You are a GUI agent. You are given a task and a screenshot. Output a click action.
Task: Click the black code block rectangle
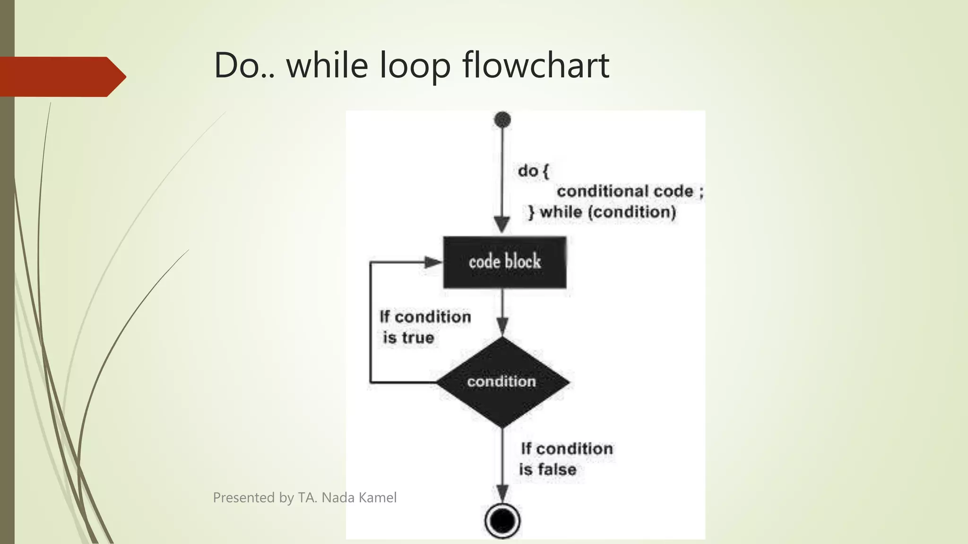(x=504, y=262)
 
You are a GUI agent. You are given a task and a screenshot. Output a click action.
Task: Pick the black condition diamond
(x=502, y=382)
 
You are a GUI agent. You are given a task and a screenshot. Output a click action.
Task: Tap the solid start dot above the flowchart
(x=502, y=120)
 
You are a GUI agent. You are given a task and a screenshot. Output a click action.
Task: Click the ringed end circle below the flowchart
(x=502, y=521)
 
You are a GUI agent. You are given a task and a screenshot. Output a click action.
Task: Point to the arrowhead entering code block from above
(x=502, y=224)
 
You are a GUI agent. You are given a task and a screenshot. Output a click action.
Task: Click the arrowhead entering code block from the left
(x=432, y=263)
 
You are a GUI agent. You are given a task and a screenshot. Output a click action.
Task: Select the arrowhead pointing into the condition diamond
(x=502, y=326)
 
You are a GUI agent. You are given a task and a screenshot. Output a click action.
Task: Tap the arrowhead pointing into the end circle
(x=502, y=493)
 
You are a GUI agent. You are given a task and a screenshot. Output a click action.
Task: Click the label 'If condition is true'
(x=424, y=327)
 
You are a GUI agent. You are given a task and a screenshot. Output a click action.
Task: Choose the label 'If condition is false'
(x=566, y=459)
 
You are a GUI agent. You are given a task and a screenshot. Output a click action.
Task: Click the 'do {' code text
(x=533, y=171)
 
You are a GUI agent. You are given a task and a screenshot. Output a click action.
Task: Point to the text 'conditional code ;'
(x=630, y=192)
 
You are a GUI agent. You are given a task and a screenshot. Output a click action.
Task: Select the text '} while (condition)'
(x=602, y=212)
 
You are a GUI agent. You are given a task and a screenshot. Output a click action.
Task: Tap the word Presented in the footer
(x=244, y=498)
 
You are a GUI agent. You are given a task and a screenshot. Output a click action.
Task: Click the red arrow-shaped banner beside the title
(x=61, y=76)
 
